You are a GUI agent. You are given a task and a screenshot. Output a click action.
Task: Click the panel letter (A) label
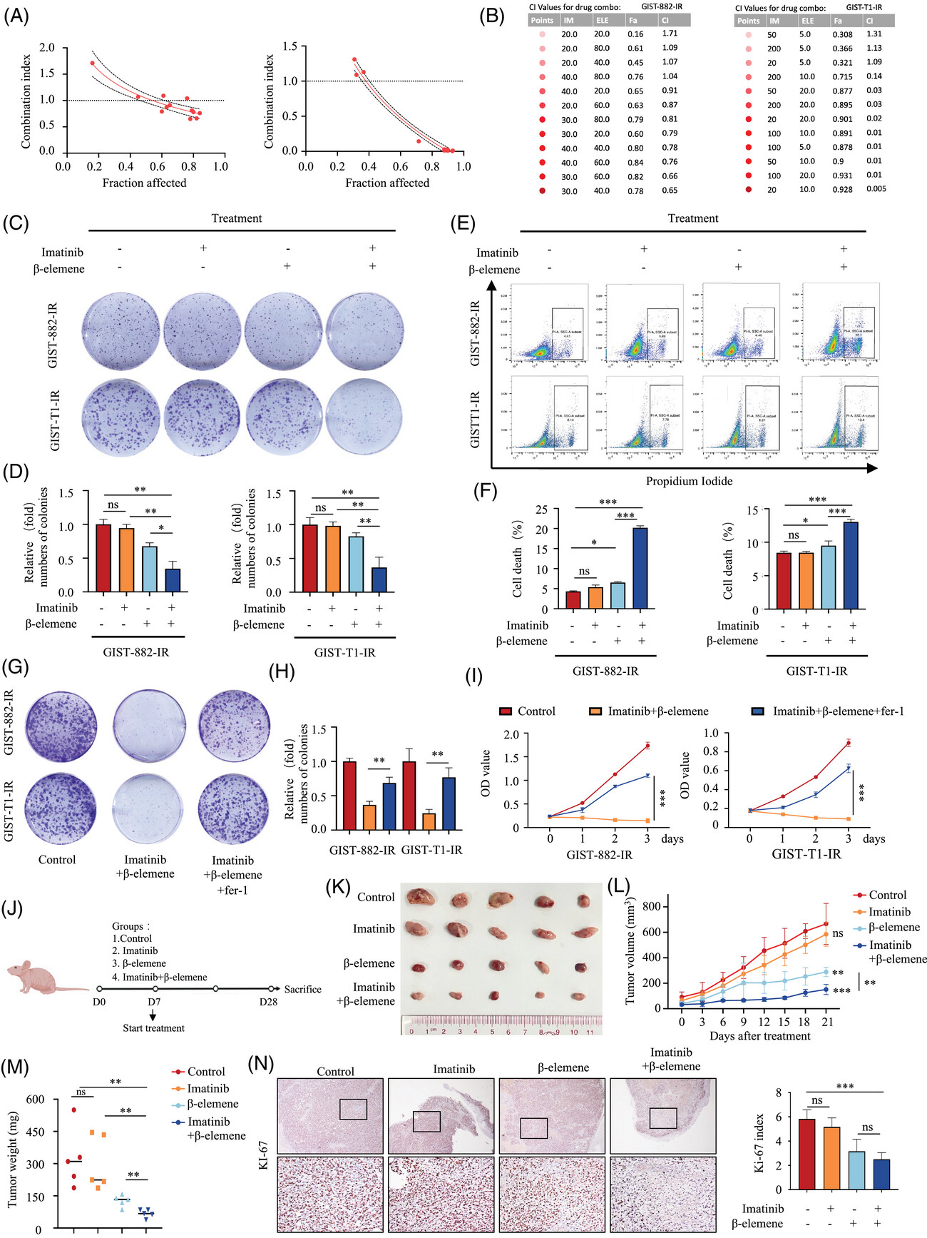16,16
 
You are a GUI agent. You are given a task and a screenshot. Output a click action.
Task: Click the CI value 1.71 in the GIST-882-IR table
669,34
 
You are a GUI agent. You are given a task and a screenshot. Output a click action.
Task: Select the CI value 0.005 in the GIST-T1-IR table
876,189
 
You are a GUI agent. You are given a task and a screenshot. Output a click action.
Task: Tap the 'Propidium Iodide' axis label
689,481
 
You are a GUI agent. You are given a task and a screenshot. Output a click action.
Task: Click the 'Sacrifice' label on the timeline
302,989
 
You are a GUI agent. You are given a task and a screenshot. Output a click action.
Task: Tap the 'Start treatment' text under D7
153,1028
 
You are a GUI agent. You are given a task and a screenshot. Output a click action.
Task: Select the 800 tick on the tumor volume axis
651,907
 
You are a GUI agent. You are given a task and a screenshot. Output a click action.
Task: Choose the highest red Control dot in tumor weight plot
73,1110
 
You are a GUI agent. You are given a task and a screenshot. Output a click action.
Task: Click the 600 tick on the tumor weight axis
35,1099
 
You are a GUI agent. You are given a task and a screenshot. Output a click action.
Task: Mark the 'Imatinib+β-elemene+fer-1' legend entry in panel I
838,711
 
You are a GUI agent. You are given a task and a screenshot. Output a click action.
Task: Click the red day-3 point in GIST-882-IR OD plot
647,746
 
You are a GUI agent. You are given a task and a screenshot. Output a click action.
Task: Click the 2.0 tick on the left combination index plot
47,48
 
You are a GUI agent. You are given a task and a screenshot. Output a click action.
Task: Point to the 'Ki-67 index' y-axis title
760,1142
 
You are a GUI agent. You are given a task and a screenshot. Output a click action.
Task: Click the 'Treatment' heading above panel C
237,218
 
